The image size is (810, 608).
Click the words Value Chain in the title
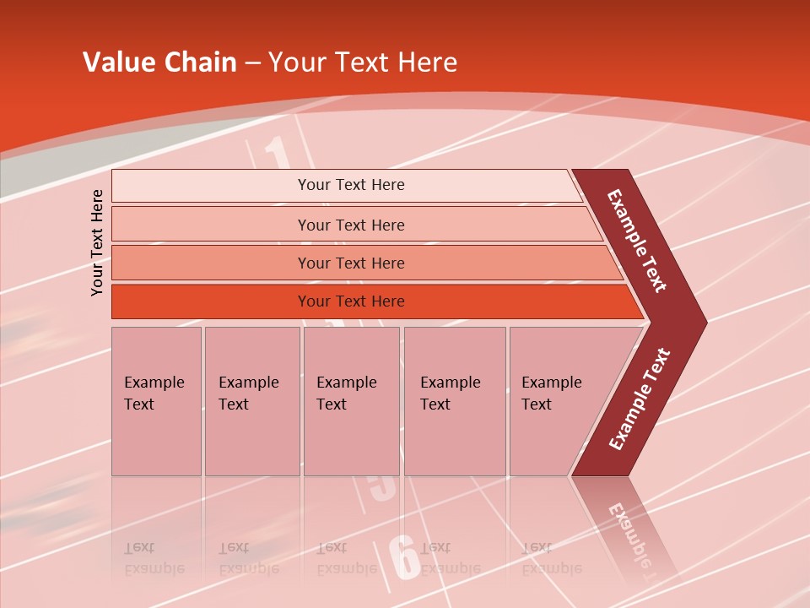coord(159,62)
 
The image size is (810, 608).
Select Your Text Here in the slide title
coord(363,62)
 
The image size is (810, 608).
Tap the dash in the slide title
coord(252,63)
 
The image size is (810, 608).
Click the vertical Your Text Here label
coord(97,242)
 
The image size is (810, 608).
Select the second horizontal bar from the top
coord(350,225)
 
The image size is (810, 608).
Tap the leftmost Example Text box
coord(156,401)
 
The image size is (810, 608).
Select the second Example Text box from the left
coord(251,401)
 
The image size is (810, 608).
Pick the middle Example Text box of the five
coord(351,401)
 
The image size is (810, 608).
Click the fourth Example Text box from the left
coord(455,401)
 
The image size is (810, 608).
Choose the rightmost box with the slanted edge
coord(557,401)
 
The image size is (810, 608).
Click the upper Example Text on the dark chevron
coord(637,241)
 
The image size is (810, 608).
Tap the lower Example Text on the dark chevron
coord(640,399)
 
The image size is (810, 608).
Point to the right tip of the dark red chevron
coord(705,322)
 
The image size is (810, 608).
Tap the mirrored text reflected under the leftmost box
coord(154,558)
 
